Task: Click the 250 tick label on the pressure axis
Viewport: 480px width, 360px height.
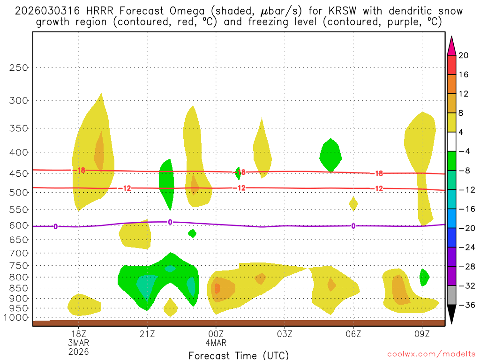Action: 19,67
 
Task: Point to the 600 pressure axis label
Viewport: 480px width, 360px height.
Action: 19,225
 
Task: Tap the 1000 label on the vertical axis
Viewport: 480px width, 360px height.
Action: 17,318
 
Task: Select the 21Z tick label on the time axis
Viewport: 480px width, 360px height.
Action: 147,334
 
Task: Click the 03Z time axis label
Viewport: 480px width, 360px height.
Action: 285,334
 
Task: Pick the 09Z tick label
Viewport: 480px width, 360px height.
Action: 422,334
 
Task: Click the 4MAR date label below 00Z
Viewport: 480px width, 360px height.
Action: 216,343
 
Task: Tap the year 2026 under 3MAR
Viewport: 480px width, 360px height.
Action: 78,352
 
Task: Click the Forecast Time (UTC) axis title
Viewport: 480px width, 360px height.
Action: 239,355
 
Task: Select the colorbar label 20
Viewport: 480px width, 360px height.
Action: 463,55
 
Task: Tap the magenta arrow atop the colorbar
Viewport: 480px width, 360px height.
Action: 451,45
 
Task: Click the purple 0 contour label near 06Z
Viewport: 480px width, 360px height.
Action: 353,226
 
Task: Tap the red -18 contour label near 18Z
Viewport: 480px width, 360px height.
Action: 81,171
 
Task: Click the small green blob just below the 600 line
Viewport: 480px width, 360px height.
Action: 192,233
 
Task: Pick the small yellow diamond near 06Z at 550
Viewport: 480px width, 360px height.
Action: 353,203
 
